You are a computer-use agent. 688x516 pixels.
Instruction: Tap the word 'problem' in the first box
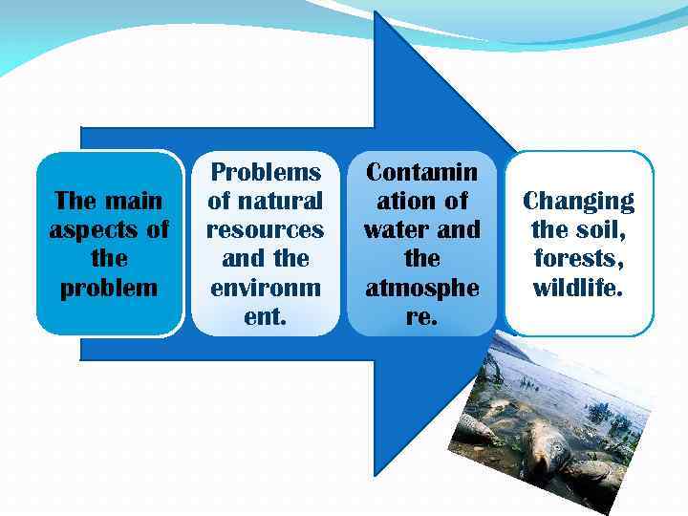109,288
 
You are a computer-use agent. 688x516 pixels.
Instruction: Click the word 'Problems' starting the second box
266,172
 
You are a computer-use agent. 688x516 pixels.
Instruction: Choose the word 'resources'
266,230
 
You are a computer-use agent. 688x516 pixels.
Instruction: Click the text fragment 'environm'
266,288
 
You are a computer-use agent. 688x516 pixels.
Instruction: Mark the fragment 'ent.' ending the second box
266,316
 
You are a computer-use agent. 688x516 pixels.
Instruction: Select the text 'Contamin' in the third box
421,172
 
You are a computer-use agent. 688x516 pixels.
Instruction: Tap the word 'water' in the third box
399,230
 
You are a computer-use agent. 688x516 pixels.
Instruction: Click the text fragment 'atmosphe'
421,288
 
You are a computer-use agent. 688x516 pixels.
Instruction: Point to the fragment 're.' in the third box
421,316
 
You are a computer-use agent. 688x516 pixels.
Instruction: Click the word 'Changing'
578,201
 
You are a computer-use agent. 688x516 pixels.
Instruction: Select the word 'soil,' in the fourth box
600,230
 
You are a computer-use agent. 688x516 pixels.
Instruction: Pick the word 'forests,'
578,259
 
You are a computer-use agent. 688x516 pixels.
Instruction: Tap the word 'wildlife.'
578,288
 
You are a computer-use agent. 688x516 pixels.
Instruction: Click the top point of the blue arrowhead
376,12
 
